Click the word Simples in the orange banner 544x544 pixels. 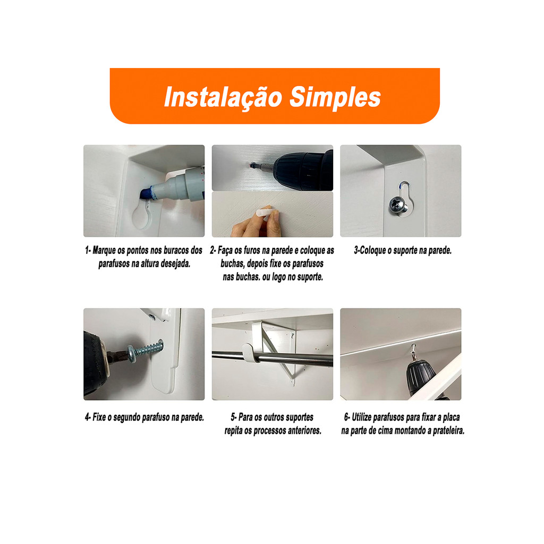(335, 97)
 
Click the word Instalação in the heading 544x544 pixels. (223, 98)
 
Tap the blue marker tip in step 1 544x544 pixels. (146, 193)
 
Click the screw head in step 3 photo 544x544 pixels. (398, 205)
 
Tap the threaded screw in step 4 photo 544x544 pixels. (145, 351)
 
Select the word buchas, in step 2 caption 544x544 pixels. (233, 263)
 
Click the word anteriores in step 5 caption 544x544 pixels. (303, 430)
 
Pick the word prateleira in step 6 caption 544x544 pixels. (448, 430)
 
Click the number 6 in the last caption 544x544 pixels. (346, 417)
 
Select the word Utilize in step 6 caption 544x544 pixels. (362, 417)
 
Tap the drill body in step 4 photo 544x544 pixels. (96, 362)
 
